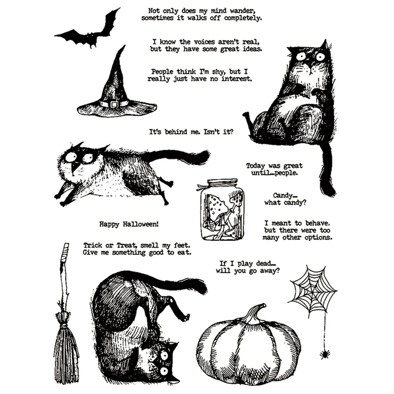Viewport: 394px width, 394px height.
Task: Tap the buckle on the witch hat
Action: click(113, 104)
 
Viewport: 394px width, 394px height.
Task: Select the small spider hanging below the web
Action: click(325, 353)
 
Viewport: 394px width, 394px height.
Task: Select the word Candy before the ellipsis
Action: click(277, 196)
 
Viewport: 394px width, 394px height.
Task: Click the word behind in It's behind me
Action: click(177, 132)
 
